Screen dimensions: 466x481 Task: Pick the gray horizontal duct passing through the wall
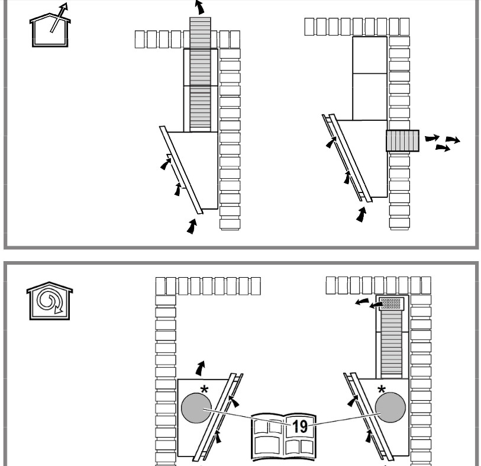(402, 141)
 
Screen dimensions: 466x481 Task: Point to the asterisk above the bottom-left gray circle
(204, 388)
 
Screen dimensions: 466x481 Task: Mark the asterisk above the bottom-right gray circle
(381, 388)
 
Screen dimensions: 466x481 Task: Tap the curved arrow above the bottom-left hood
(203, 367)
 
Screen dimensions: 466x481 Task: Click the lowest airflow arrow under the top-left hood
(191, 226)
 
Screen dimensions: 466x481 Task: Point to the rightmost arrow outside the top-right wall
(454, 140)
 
